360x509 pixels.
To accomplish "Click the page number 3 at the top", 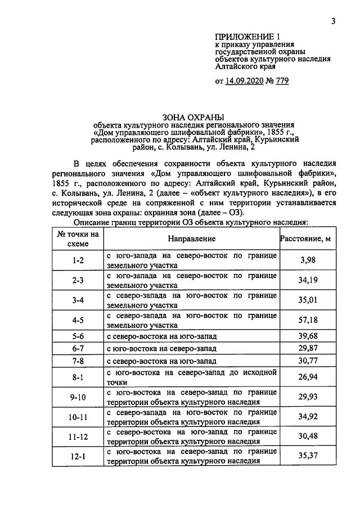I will [x=333, y=21].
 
